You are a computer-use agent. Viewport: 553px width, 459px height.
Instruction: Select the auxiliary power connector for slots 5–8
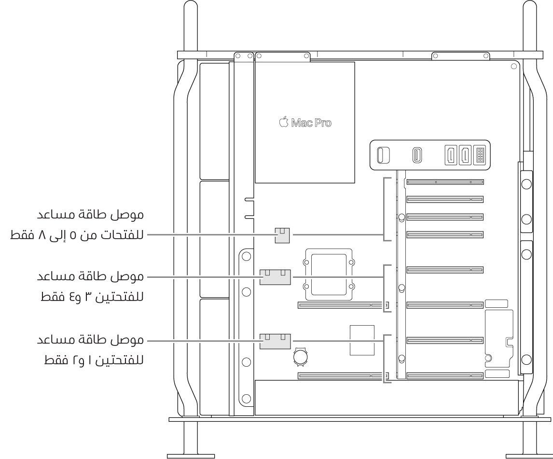click(281, 235)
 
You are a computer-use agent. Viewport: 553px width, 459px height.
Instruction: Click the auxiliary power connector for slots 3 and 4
click(275, 277)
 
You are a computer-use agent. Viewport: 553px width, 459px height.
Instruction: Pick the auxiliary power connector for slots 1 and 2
click(275, 341)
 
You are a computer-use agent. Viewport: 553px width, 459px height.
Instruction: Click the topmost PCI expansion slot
click(444, 182)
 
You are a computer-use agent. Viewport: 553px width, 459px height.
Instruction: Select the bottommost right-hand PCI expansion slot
click(444, 375)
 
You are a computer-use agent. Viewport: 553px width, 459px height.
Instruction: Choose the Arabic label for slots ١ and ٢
click(92, 350)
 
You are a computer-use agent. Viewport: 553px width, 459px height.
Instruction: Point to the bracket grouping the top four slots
click(386, 209)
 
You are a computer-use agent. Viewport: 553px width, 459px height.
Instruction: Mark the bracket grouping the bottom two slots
click(386, 359)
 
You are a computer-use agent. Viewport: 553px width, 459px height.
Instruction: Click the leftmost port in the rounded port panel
click(383, 156)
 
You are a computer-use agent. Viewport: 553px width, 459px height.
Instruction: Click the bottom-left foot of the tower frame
click(191, 455)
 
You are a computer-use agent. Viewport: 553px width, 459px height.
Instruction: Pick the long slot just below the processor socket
click(343, 305)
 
